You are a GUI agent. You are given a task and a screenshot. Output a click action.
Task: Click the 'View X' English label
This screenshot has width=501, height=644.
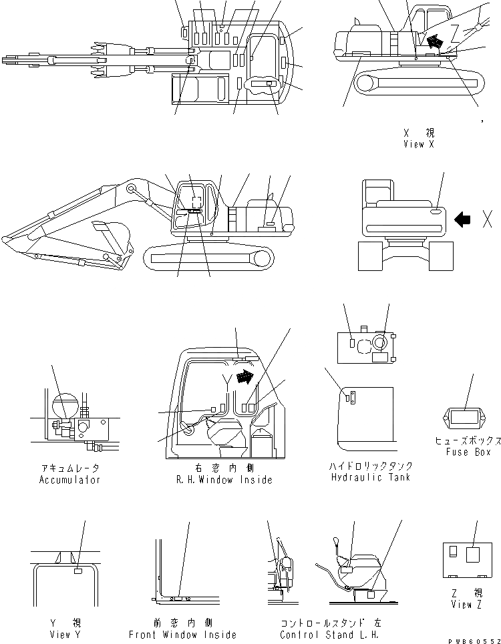418,144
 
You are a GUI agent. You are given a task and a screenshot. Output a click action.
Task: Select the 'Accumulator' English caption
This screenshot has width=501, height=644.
69,480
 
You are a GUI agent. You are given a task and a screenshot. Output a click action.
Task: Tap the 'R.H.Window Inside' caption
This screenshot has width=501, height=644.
224,480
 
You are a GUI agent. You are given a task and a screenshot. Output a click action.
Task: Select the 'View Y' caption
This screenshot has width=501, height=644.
65,635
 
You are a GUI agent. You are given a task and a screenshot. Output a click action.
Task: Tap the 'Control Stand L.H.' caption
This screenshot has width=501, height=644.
331,635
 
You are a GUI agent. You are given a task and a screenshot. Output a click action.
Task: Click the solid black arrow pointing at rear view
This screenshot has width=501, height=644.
462,220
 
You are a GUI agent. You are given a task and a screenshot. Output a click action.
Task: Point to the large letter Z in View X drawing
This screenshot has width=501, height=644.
456,31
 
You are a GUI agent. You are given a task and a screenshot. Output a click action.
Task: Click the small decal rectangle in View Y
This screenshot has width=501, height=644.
78,571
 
